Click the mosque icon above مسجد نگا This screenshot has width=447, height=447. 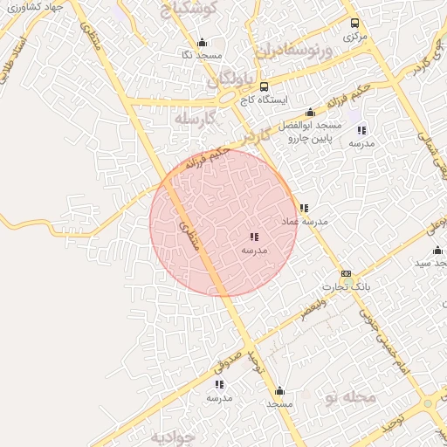[203, 43]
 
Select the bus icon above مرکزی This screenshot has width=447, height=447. [354, 24]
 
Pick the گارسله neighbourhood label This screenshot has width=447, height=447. [194, 118]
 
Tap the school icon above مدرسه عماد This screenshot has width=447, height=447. [303, 208]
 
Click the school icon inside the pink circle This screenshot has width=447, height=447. [253, 237]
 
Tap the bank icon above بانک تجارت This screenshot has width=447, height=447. [347, 273]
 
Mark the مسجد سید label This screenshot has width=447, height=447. [431, 263]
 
